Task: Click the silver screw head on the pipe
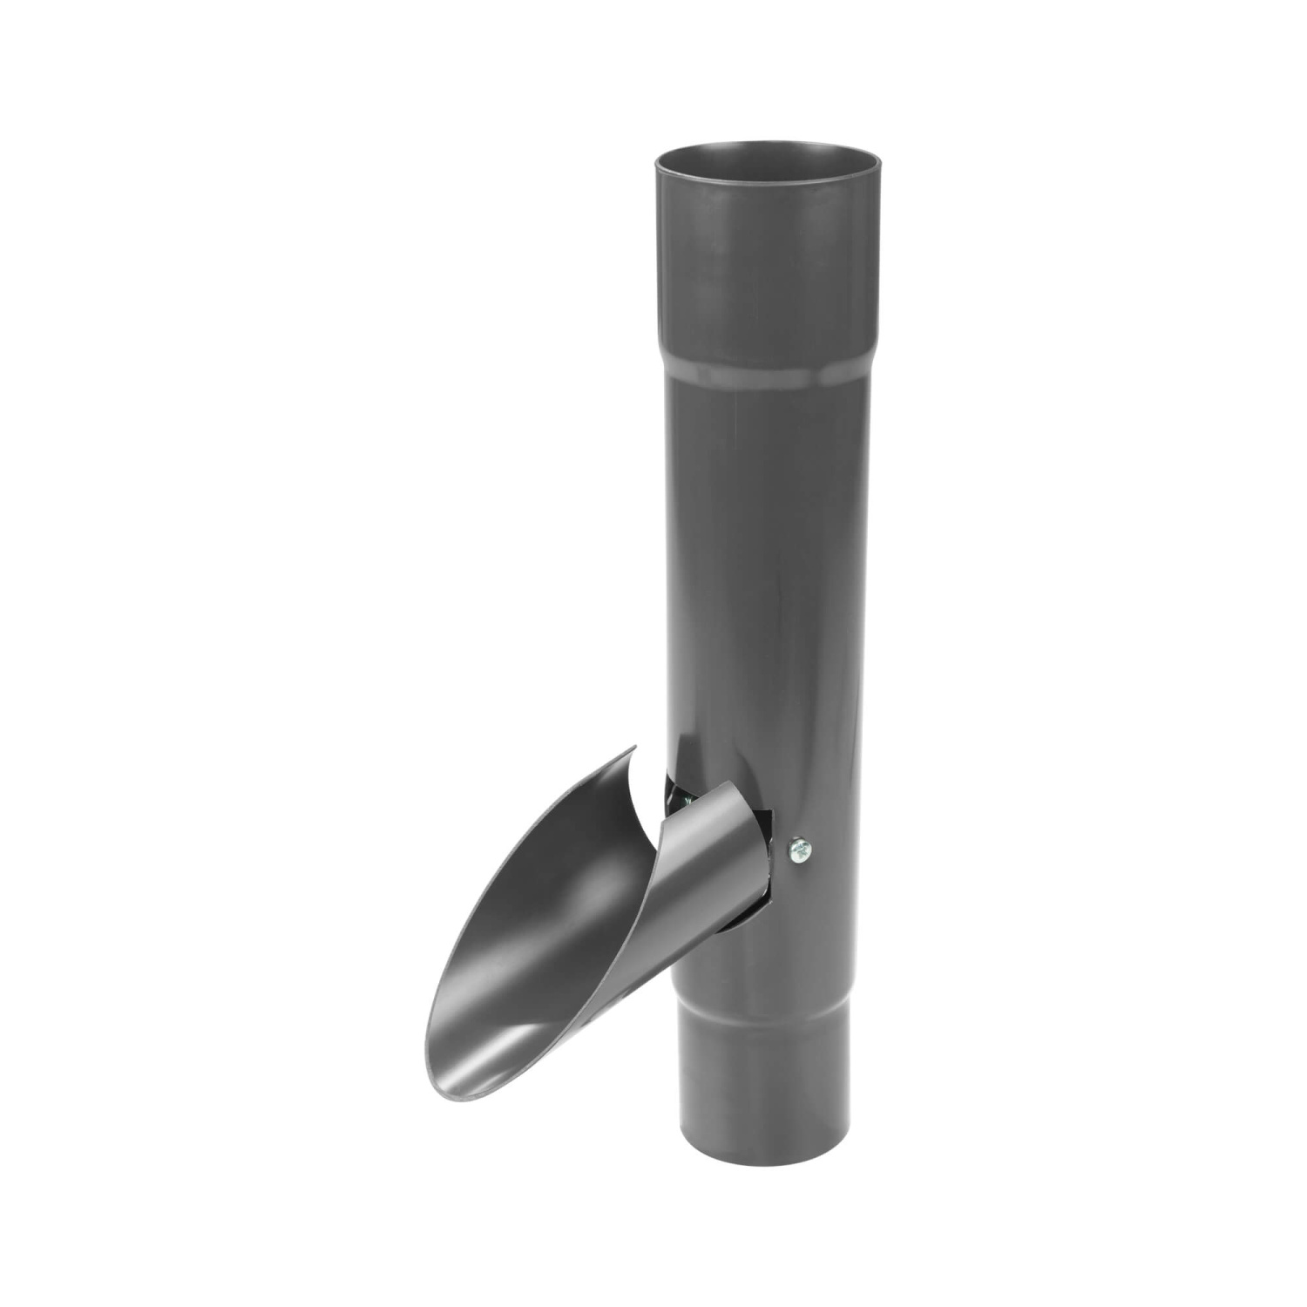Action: (x=799, y=850)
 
